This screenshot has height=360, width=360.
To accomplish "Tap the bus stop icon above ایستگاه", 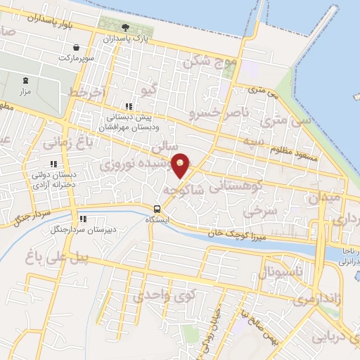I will [x=157, y=208].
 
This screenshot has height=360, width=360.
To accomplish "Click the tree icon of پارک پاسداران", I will [x=125, y=28].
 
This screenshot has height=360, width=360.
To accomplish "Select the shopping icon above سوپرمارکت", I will [x=75, y=47].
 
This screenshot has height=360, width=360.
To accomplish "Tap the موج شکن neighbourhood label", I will [x=209, y=62].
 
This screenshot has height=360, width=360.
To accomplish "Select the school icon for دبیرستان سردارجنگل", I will [x=83, y=219].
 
